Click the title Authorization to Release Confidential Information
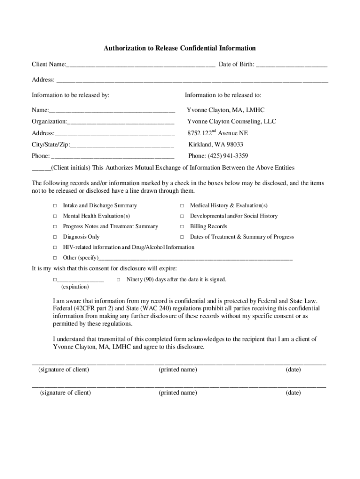point(180,48)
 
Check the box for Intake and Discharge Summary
point(55,206)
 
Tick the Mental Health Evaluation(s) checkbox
point(55,216)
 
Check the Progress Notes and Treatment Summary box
point(55,226)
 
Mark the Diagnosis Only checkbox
point(55,237)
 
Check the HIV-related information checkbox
point(55,247)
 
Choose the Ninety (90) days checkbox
point(118,280)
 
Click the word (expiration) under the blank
point(75,287)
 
